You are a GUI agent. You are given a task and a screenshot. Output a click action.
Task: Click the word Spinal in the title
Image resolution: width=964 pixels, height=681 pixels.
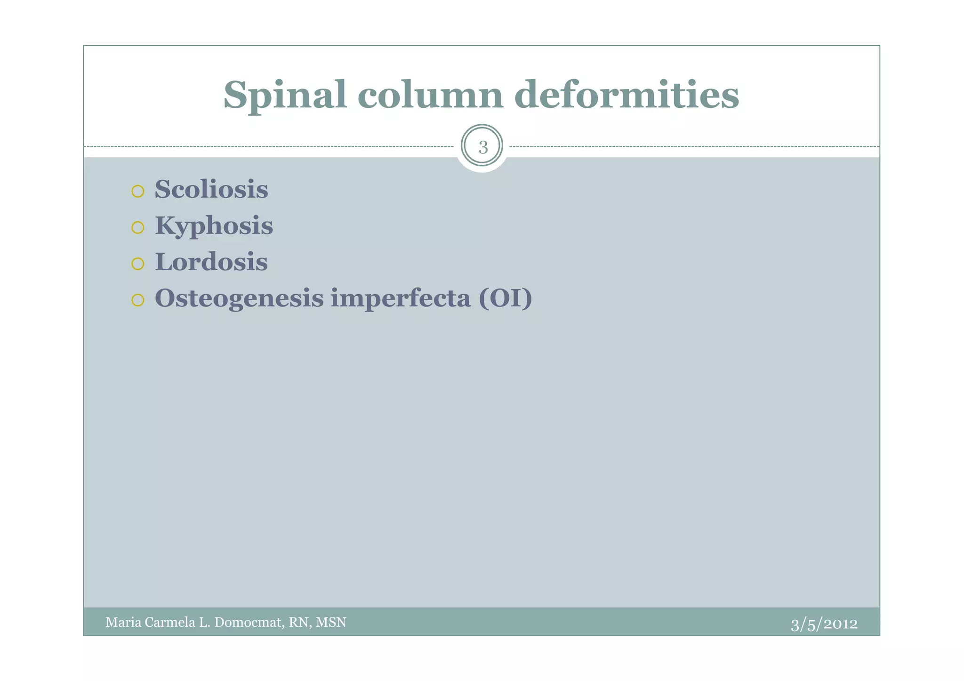[285, 95]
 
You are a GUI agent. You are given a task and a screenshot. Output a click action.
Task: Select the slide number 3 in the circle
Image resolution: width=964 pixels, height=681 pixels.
[482, 147]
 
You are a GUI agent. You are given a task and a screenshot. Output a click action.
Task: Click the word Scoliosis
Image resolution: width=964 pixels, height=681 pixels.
[211, 189]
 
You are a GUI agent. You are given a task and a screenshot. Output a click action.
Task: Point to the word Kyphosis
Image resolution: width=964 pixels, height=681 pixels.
[214, 226]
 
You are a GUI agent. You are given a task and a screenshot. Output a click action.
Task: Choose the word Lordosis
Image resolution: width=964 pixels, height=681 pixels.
[211, 262]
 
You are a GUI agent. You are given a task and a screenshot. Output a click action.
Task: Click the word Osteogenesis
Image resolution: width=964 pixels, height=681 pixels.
[239, 298]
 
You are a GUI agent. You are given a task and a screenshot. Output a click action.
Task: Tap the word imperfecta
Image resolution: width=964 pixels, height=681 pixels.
[401, 298]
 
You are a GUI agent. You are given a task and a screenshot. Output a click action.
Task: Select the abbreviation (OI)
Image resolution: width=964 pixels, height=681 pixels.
[505, 298]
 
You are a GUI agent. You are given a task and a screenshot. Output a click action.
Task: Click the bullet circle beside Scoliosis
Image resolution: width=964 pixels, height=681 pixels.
[137, 191]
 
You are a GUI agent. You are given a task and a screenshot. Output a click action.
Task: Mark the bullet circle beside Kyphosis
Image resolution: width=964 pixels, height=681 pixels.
[137, 228]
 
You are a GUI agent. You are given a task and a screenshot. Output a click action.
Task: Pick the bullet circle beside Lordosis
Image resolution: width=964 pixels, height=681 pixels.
[137, 264]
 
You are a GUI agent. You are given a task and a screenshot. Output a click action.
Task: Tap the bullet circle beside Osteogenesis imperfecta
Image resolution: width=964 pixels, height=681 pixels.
[137, 300]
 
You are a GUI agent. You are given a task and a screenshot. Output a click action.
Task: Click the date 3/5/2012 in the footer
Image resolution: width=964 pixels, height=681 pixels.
[824, 624]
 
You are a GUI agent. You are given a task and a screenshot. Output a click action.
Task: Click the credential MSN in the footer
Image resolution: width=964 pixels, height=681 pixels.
[331, 623]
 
